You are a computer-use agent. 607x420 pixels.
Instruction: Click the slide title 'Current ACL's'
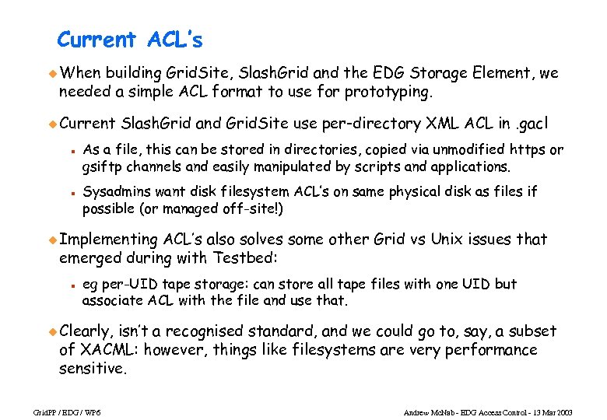pos(130,39)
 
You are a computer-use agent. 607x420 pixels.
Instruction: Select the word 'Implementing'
pos(108,239)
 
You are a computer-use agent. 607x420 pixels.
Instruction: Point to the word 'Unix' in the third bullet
pos(448,239)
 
